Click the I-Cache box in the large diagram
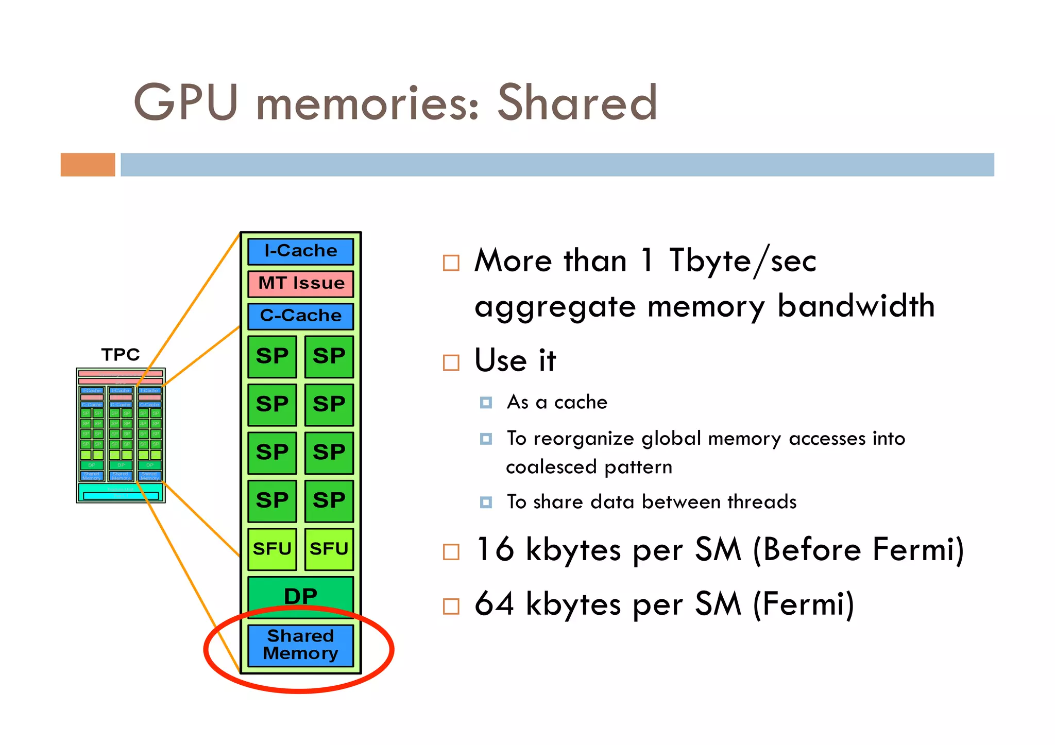point(301,251)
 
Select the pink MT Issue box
point(301,284)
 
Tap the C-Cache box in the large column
point(301,316)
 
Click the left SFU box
point(272,549)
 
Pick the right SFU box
point(329,549)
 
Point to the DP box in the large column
point(301,596)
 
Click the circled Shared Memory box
point(301,645)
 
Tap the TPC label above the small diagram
point(121,355)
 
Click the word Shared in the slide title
point(577,103)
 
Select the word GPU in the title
point(185,103)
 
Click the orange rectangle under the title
point(88,165)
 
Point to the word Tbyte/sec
point(742,261)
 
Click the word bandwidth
point(856,306)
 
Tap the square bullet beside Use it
point(451,362)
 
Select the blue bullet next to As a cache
point(486,402)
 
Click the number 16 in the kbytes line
point(495,549)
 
